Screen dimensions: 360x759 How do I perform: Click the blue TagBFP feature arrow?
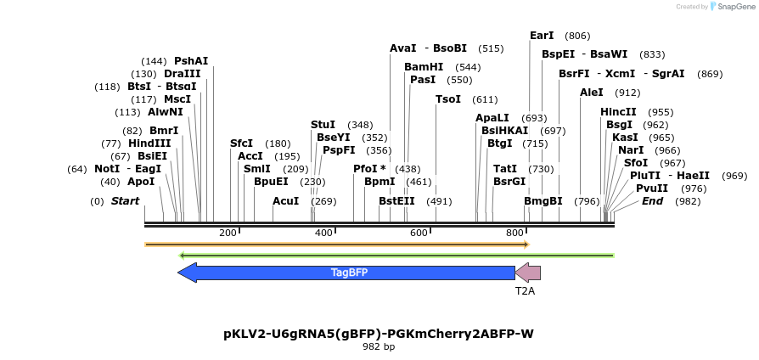[x=348, y=273]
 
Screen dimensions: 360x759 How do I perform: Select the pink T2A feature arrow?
[x=528, y=273]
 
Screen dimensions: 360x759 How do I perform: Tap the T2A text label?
[x=526, y=290]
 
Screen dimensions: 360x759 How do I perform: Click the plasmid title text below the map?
[x=379, y=334]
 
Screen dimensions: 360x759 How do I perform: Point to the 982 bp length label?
[x=379, y=346]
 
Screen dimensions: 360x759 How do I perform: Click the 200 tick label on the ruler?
[x=228, y=233]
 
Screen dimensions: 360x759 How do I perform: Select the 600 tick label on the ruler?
[x=419, y=233]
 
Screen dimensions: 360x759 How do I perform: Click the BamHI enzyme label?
[x=424, y=66]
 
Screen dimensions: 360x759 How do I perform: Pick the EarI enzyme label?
[x=542, y=36]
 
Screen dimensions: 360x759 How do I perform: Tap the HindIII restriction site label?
[x=149, y=143]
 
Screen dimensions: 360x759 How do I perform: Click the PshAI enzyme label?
[x=191, y=61]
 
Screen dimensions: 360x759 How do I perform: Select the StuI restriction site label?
[x=323, y=125]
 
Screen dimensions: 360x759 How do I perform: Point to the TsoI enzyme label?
[x=447, y=99]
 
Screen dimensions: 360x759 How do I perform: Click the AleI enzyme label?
[x=592, y=92]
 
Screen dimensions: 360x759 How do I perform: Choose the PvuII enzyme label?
[x=652, y=188]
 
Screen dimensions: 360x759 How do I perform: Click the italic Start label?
[x=125, y=201]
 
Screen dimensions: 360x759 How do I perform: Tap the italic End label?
[x=652, y=201]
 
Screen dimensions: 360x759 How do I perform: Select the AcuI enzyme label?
[x=286, y=201]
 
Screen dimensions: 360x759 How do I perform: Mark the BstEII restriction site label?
[x=396, y=201]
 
